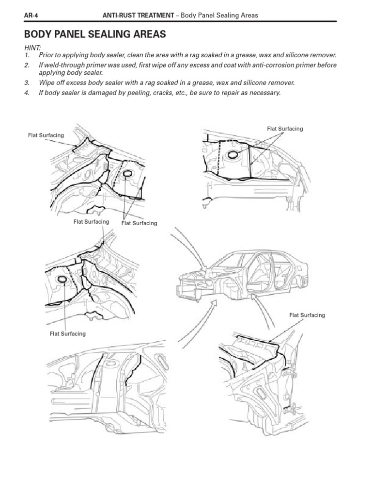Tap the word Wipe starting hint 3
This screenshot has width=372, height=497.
pos(46,83)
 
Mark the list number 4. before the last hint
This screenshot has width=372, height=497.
pos(26,92)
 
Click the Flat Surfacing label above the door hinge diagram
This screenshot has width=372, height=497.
pos(307,315)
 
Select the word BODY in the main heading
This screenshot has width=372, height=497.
pos(37,34)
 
